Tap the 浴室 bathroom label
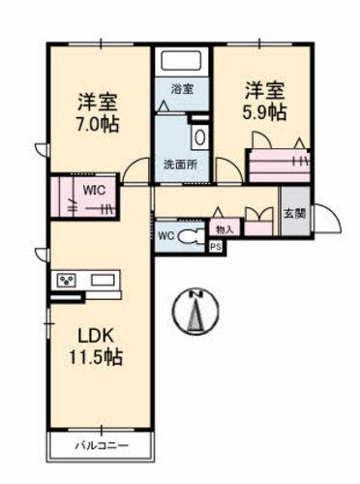click(x=182, y=88)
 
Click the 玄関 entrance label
click(x=292, y=214)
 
